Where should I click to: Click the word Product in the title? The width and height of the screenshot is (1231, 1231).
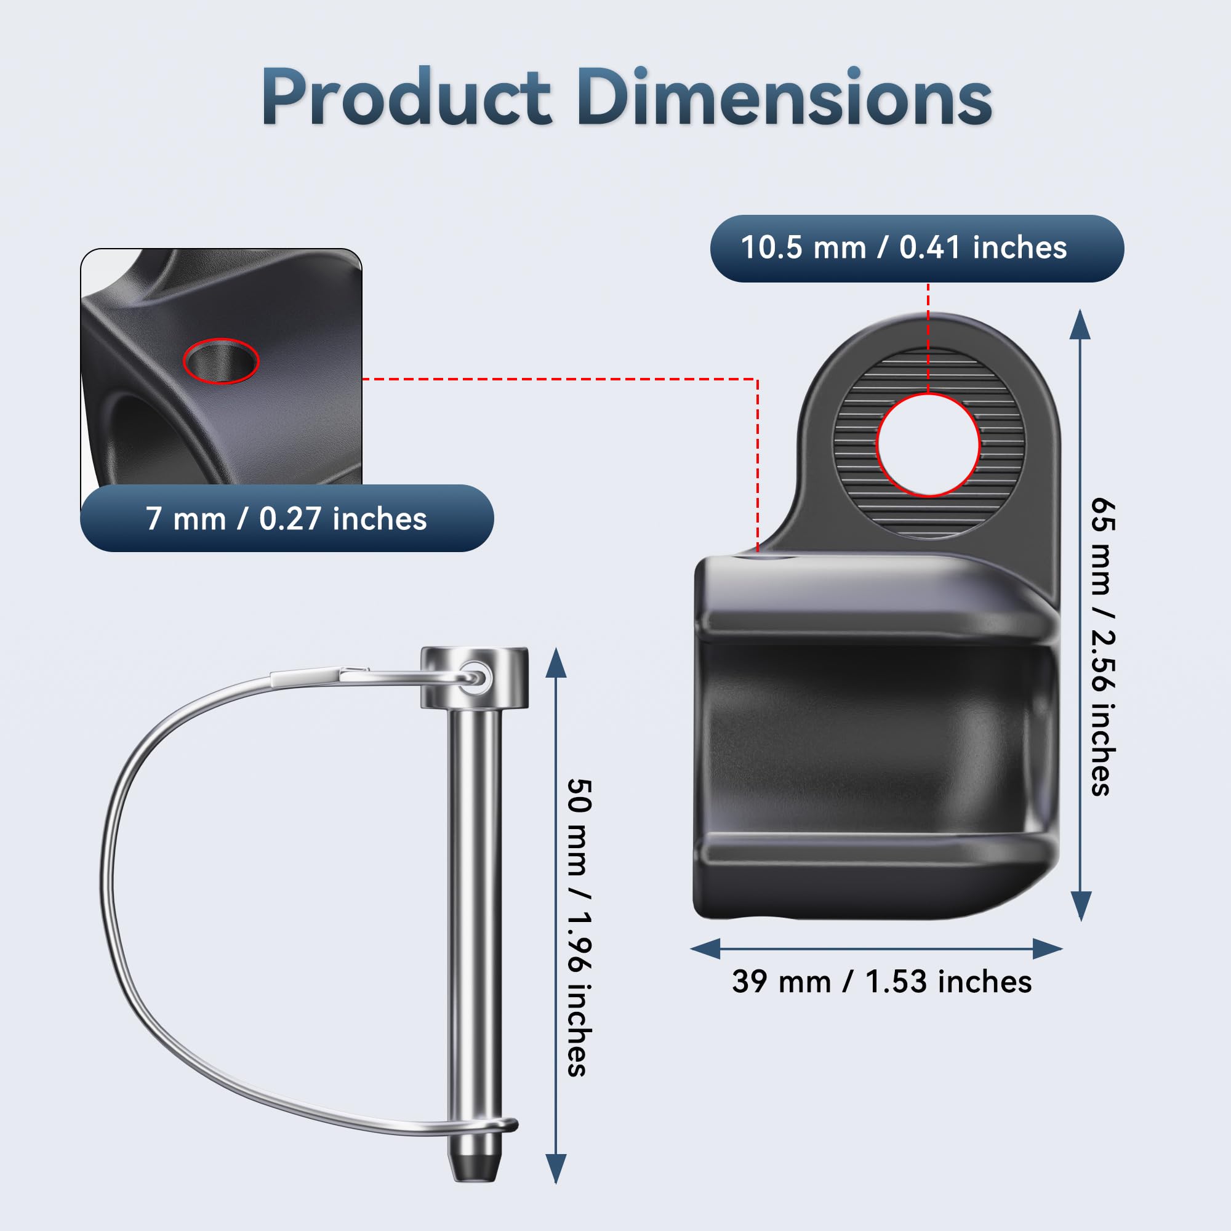coord(406,97)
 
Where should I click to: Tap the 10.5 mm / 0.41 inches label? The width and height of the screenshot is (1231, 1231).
coord(904,247)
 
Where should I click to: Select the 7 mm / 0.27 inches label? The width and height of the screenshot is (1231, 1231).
coord(286,519)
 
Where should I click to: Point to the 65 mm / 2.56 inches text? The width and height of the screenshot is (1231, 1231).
coord(1102,647)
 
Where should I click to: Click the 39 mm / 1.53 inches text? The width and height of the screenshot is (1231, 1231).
coord(882,981)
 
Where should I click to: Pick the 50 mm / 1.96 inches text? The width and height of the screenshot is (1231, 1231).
coord(579,927)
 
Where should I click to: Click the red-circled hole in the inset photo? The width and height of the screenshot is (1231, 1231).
coord(221,361)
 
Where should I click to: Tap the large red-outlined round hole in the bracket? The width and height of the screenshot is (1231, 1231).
coord(928,445)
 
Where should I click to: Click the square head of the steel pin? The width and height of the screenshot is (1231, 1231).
coord(474,678)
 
